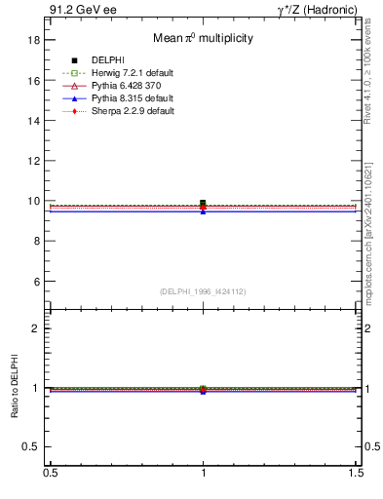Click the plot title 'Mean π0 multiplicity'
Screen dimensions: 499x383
pos(203,39)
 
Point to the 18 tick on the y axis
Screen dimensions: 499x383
pos(34,40)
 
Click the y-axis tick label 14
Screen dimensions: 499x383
pos(34,121)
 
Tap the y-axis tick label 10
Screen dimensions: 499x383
pos(34,201)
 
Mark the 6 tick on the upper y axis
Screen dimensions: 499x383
pos(37,282)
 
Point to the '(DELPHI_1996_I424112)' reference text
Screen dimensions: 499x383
pos(203,291)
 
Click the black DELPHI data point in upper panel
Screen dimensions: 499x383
pos(203,204)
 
